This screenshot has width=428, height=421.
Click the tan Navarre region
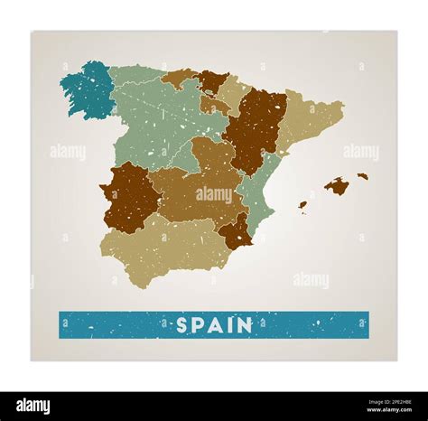pyautogui.click(x=234, y=93)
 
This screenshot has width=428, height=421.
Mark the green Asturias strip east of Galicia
pyautogui.click(x=135, y=73)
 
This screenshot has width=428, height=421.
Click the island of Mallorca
pyautogui.click(x=337, y=187)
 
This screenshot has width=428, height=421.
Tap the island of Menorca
pyautogui.click(x=362, y=176)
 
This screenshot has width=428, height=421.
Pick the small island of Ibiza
pyautogui.click(x=302, y=205)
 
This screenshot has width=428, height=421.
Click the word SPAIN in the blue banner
pyautogui.click(x=214, y=325)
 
